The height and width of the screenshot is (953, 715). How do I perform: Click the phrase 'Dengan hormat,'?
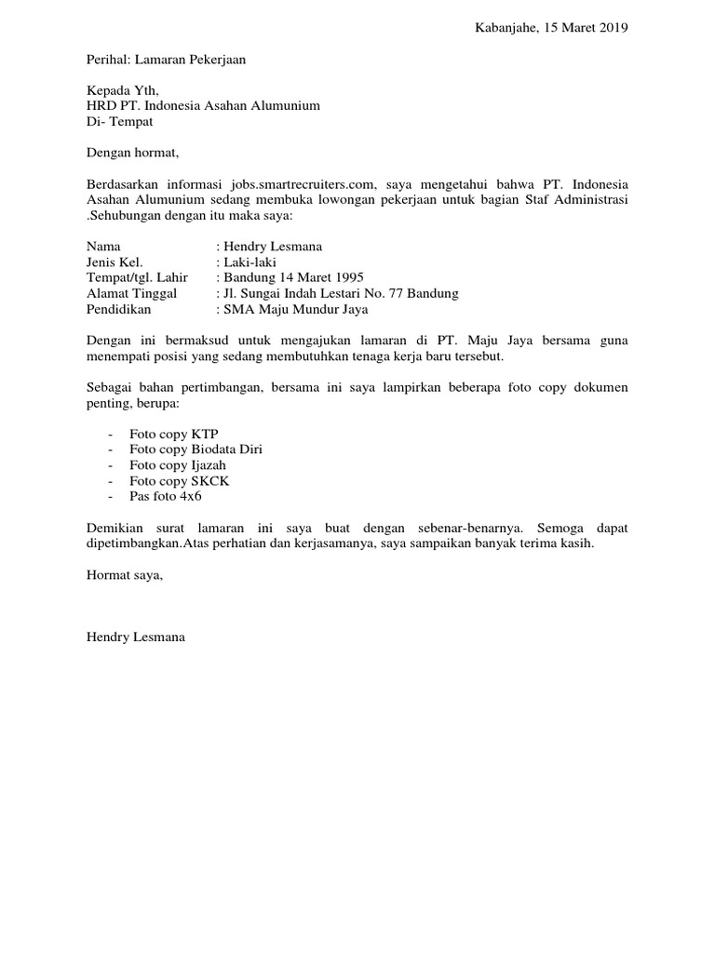131,152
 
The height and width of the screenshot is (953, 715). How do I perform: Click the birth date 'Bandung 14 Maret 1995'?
293,277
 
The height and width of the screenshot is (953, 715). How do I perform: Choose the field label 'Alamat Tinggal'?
131,293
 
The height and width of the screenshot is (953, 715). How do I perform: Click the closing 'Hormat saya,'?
125,575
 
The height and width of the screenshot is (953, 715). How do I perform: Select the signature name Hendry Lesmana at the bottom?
136,638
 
